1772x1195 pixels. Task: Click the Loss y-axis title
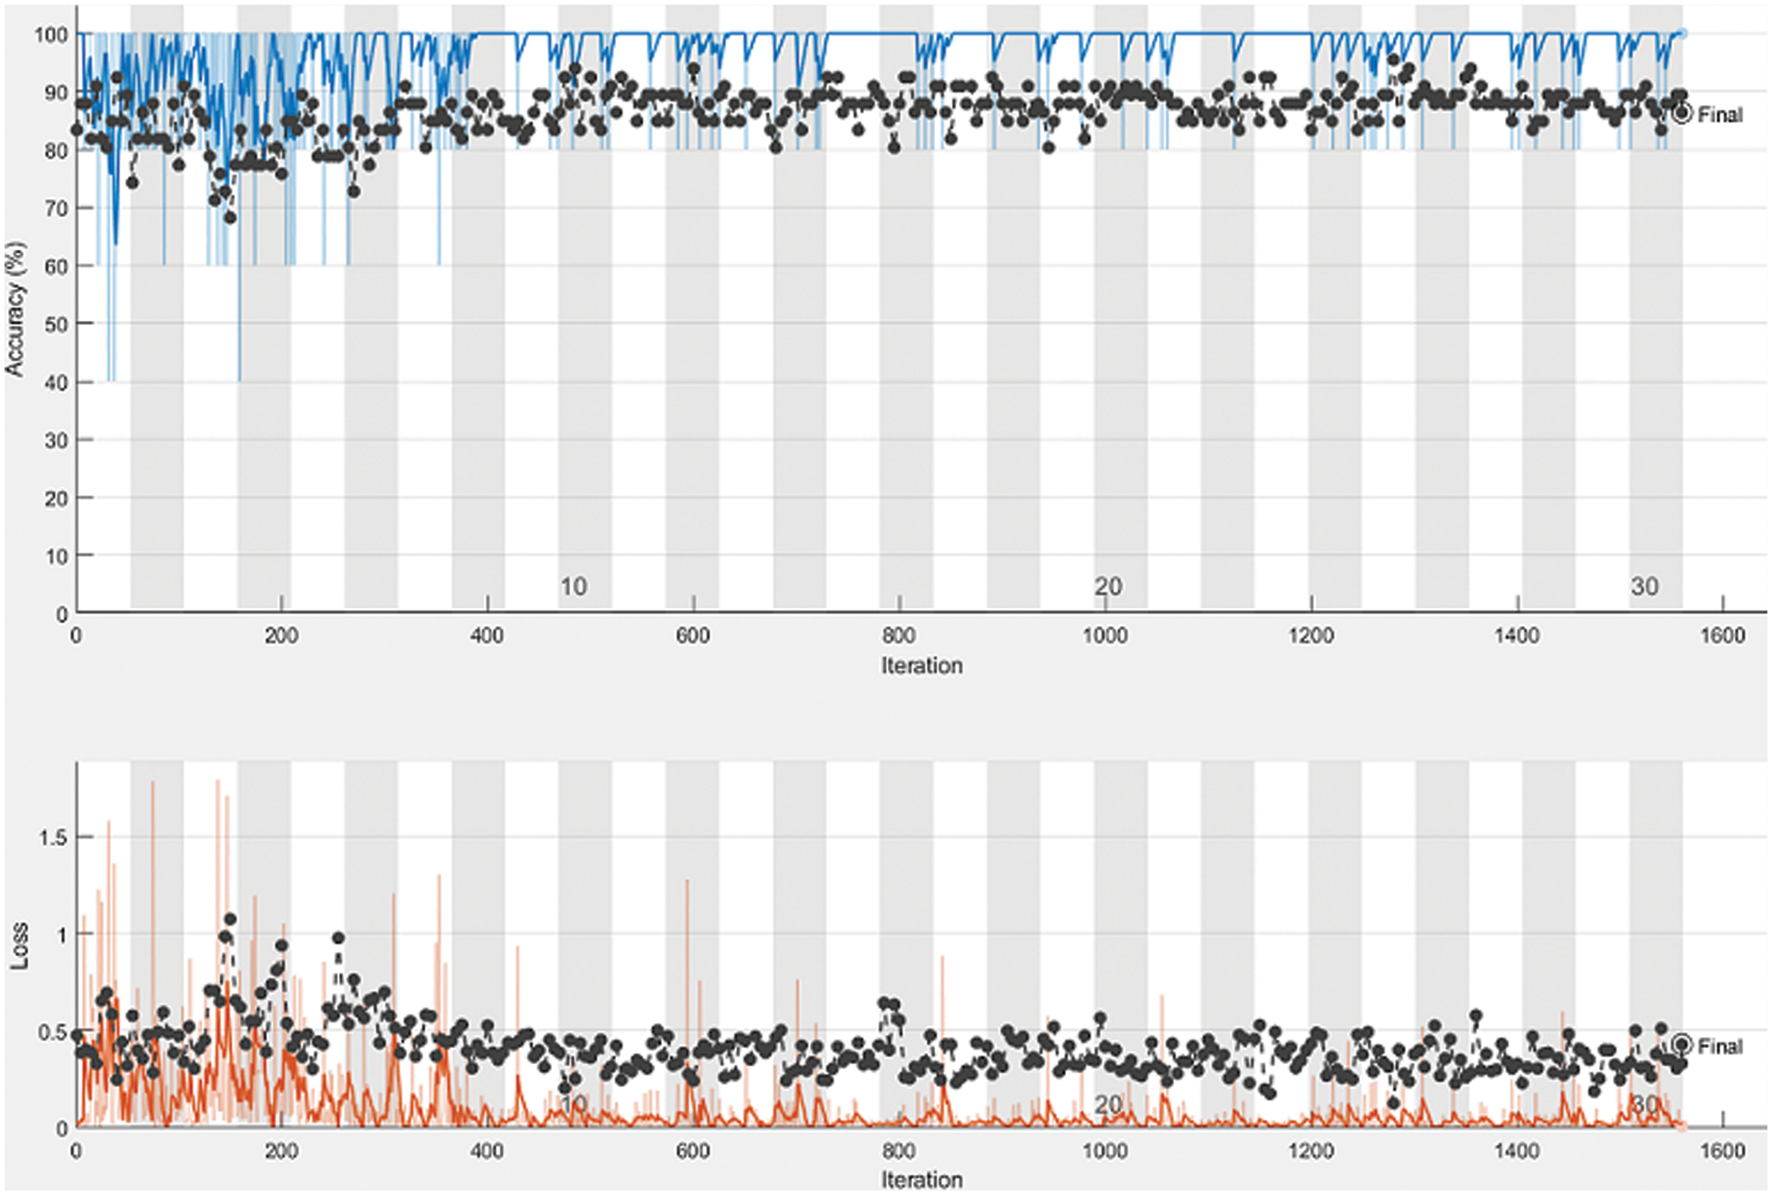(x=18, y=945)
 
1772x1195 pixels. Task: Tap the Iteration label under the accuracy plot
(x=921, y=666)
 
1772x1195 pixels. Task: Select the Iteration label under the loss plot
(x=921, y=1180)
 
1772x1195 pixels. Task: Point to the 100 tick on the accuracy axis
(x=51, y=35)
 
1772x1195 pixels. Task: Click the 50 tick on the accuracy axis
(x=55, y=324)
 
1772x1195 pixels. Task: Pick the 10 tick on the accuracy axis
(x=55, y=556)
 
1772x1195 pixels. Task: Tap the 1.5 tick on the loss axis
(x=53, y=838)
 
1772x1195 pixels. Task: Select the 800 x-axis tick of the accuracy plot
(x=899, y=635)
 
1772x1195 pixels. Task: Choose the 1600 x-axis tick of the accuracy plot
(x=1722, y=635)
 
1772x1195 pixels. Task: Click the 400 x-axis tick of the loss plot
(x=487, y=1151)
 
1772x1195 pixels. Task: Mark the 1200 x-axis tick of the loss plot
(x=1310, y=1151)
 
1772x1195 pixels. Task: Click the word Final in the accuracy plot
(x=1720, y=115)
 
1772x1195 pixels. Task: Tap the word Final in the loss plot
(x=1720, y=1047)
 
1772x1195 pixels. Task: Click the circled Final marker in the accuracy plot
(x=1682, y=114)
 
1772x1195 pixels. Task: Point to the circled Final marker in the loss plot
(x=1682, y=1045)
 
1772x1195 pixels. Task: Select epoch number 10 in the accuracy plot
(x=572, y=587)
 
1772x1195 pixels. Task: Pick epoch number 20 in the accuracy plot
(x=1108, y=587)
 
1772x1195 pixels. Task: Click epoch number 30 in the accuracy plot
(x=1644, y=587)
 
